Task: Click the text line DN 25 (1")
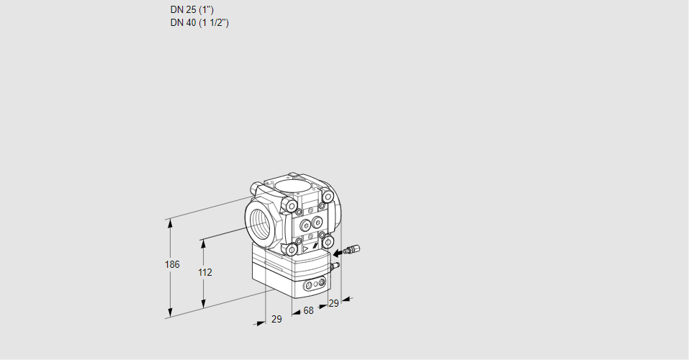(x=191, y=10)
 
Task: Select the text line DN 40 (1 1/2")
(x=199, y=22)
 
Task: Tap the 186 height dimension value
(x=171, y=265)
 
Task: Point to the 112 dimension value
(x=204, y=272)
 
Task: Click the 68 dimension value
(x=308, y=310)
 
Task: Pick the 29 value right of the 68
(x=333, y=303)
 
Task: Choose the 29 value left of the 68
(x=276, y=319)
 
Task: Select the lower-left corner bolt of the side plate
(x=292, y=249)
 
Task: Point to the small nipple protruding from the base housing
(x=334, y=266)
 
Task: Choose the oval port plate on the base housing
(x=313, y=286)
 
